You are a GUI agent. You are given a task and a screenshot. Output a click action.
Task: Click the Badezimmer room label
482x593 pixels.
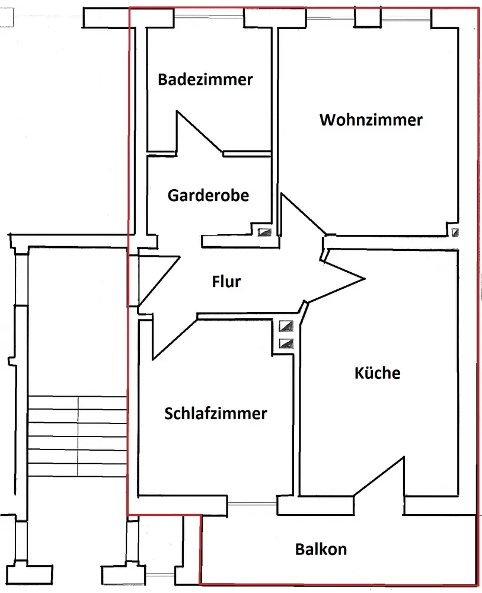[x=205, y=79]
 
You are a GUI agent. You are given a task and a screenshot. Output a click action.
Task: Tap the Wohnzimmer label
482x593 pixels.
[x=371, y=120]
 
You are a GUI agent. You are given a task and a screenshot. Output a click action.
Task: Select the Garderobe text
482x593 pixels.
[x=208, y=195]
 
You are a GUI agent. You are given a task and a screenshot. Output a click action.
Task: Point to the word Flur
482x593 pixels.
[x=226, y=281]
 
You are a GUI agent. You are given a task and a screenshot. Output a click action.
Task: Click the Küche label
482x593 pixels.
[x=378, y=373]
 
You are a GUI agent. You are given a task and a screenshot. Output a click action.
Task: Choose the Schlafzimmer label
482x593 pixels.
[x=215, y=413]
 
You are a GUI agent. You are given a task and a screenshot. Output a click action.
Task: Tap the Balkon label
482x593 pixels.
[x=321, y=549]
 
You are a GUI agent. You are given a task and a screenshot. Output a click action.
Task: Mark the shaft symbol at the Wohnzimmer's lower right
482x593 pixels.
[x=455, y=232]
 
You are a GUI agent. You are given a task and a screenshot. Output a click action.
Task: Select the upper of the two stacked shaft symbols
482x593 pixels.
[x=286, y=326]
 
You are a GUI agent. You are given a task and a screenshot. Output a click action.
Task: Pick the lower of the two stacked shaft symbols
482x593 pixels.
[x=286, y=342]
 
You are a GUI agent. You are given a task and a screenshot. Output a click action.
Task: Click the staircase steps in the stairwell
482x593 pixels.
[x=78, y=436]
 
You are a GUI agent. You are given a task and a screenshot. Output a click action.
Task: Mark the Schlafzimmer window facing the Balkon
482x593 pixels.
[x=252, y=504]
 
